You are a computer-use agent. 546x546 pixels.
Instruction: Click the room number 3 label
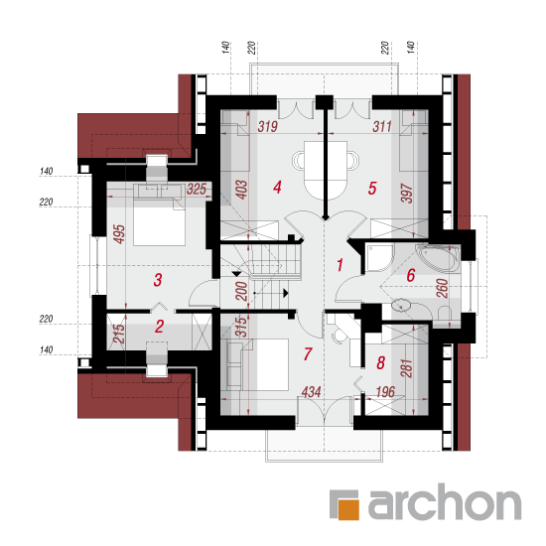point(158,280)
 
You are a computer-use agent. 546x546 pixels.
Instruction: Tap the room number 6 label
point(411,275)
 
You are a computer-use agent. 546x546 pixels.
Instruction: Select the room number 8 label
point(380,362)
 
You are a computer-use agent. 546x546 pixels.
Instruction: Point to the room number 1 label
point(340,265)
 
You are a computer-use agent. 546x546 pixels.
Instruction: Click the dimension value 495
point(119,234)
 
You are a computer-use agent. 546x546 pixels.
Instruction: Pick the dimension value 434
point(311,392)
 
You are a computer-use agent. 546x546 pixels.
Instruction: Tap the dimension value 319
point(267,127)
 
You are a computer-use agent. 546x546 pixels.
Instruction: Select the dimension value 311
point(382,127)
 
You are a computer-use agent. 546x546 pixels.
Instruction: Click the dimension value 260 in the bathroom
point(442,288)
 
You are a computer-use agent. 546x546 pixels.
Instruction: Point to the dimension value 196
point(385,392)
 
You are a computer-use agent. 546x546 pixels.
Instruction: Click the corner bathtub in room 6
point(438,258)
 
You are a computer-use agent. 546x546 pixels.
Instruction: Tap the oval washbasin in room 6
point(401,307)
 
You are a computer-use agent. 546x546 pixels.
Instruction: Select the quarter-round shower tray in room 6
point(379,258)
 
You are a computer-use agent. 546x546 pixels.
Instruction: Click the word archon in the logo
point(445,501)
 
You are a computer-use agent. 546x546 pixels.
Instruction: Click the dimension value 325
point(197,190)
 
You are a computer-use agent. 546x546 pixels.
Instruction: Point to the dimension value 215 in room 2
point(119,334)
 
